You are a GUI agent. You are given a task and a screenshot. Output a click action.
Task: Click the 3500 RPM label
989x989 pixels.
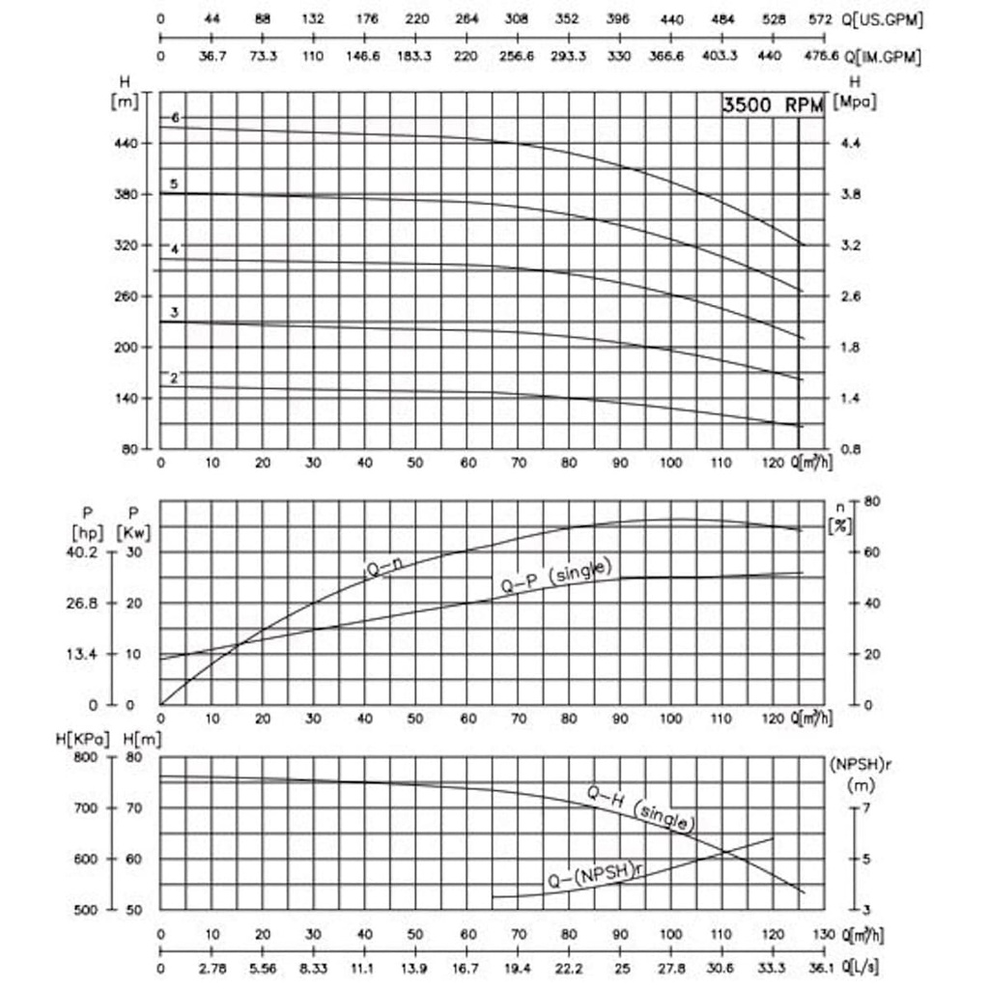pos(774,105)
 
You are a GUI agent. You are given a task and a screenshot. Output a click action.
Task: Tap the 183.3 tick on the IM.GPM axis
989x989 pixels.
pos(415,57)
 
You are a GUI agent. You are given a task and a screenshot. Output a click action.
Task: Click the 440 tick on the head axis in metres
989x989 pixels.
pos(127,143)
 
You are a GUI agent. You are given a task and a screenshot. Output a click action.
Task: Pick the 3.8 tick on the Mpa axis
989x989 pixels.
pos(853,194)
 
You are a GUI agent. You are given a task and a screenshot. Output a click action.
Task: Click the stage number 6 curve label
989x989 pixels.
pos(176,118)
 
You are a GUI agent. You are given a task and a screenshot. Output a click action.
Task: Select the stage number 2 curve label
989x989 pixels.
pos(174,378)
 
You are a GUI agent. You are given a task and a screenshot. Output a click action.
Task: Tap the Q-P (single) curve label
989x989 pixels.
pos(556,577)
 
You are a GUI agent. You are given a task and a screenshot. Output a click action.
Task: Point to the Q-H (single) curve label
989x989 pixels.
pos(640,808)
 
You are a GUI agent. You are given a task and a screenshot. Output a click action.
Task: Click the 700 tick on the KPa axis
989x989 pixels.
pos(85,808)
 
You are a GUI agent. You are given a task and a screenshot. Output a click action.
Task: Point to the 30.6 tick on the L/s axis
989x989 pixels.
pos(721,968)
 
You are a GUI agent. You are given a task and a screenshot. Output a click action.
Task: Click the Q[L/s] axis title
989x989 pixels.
pos(860,968)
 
